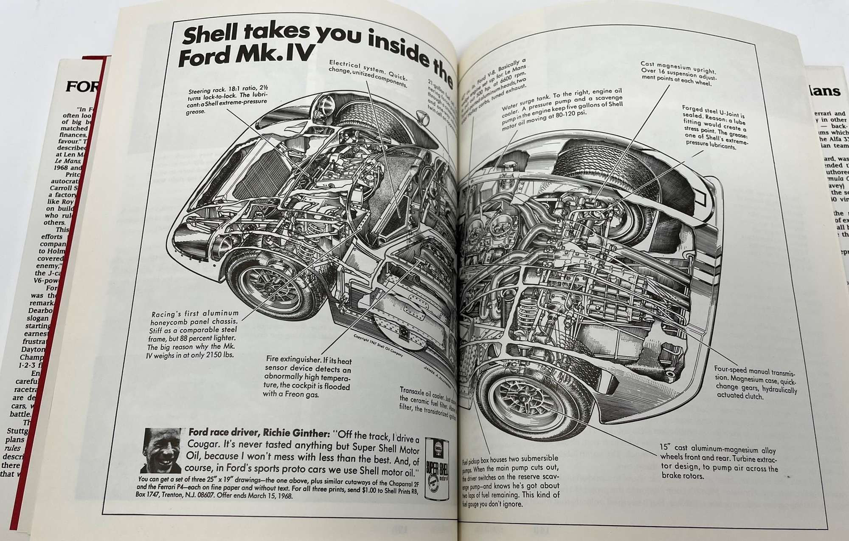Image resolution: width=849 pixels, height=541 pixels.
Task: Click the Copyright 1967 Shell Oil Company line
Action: click(x=378, y=345)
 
